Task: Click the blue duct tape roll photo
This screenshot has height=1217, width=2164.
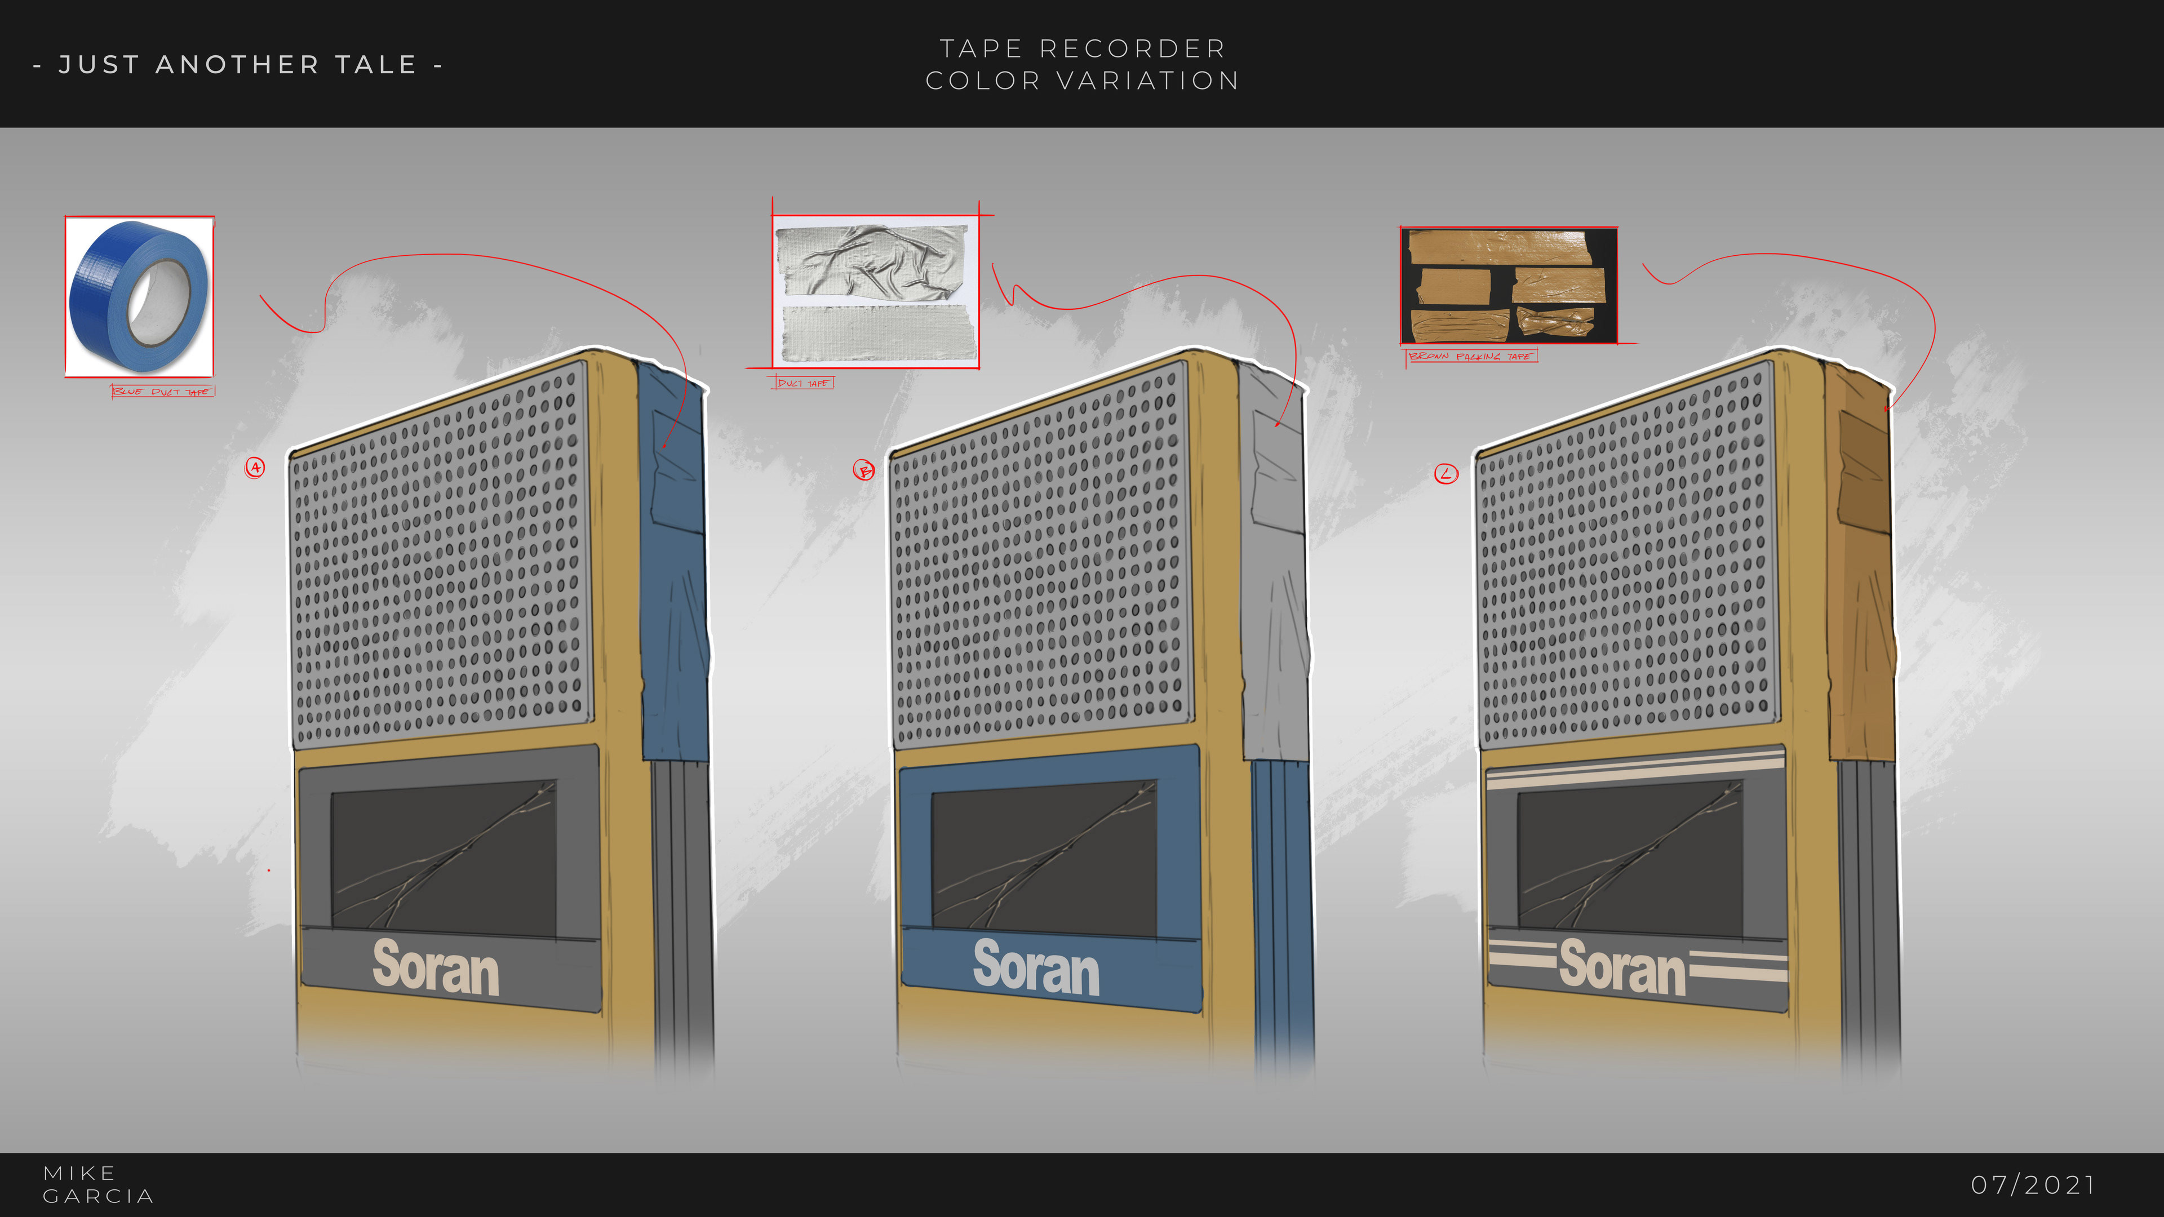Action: click(x=139, y=296)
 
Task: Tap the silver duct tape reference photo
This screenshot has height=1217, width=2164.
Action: click(x=875, y=292)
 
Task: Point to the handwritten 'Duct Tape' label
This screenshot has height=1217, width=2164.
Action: click(x=803, y=383)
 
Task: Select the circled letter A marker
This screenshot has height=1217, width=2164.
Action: click(x=255, y=468)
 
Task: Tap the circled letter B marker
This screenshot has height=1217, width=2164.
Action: click(x=863, y=470)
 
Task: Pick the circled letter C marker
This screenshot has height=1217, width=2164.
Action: click(x=1445, y=474)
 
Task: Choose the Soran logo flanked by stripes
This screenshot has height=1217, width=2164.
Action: click(x=1621, y=967)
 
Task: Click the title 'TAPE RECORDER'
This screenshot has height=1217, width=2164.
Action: click(x=1082, y=48)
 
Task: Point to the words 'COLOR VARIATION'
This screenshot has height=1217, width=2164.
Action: click(x=1082, y=81)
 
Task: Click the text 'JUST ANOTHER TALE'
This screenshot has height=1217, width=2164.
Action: click(x=238, y=65)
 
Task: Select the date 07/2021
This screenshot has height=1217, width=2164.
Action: click(x=2033, y=1184)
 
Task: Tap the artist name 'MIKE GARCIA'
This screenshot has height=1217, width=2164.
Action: click(x=97, y=1184)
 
